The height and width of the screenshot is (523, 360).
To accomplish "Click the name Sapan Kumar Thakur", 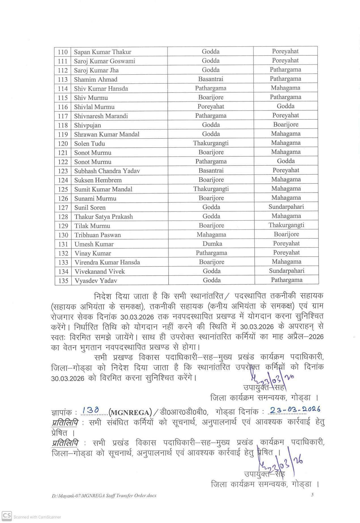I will pos(103,52).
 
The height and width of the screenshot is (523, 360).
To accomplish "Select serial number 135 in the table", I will pos(63,281).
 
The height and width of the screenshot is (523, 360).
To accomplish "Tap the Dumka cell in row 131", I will pos(212,243).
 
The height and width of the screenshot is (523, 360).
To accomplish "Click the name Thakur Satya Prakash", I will pos(103,217).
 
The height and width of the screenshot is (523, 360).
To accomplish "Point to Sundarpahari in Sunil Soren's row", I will pos(286,207).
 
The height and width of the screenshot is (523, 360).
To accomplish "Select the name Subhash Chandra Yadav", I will pos(107,171).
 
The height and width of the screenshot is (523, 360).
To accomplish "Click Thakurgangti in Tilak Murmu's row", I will pos(286,225).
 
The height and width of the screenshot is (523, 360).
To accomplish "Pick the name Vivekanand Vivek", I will pos(100,271).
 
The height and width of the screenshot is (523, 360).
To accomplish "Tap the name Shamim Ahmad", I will pos(95,79).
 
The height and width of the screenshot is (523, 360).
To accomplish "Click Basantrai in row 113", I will pos(211,79).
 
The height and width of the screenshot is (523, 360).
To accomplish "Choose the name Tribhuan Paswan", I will pos(97,235).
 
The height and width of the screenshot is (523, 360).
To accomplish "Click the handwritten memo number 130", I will pos(90,410).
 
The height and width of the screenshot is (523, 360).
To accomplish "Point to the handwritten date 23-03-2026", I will pos(295,409).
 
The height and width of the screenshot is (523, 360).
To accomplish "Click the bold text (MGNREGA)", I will pos(129,412).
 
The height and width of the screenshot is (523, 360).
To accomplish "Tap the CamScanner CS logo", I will pos(7,515).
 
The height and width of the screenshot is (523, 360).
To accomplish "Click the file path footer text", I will pos(104,496).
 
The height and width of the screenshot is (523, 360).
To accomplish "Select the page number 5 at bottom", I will pos(312,495).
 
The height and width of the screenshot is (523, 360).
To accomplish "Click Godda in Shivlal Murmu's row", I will pos(286,106).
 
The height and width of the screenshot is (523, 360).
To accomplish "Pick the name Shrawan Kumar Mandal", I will pos(107,134).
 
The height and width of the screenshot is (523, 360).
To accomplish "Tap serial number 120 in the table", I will pos(63,143).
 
